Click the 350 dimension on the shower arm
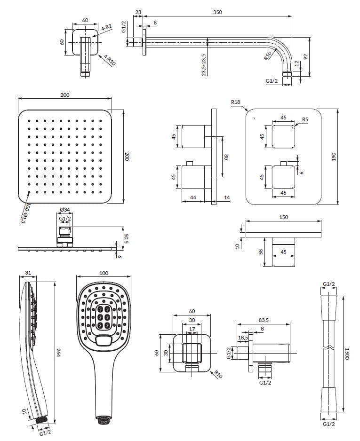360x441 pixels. click(x=217, y=12)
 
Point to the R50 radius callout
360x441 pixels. click(x=267, y=56)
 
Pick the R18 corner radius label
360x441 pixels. click(x=236, y=102)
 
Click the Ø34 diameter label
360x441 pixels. click(x=65, y=210)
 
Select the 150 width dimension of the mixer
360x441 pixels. click(x=283, y=217)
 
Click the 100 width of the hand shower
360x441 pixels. click(x=104, y=273)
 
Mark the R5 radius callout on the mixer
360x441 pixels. click(x=305, y=119)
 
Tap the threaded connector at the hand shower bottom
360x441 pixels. click(x=102, y=418)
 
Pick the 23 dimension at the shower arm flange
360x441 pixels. click(x=138, y=12)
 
